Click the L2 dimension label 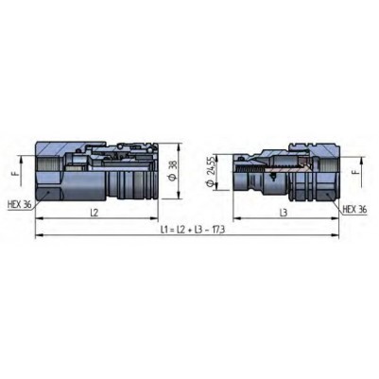point(94,213)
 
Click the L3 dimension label point(284,213)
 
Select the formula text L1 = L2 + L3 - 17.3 point(193,230)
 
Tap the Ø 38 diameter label point(173,171)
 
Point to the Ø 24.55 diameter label point(211,172)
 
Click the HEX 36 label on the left point(20,204)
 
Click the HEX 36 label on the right point(355,209)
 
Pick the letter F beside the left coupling point(18,172)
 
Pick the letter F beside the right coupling point(356,172)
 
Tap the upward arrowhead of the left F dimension point(22,160)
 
